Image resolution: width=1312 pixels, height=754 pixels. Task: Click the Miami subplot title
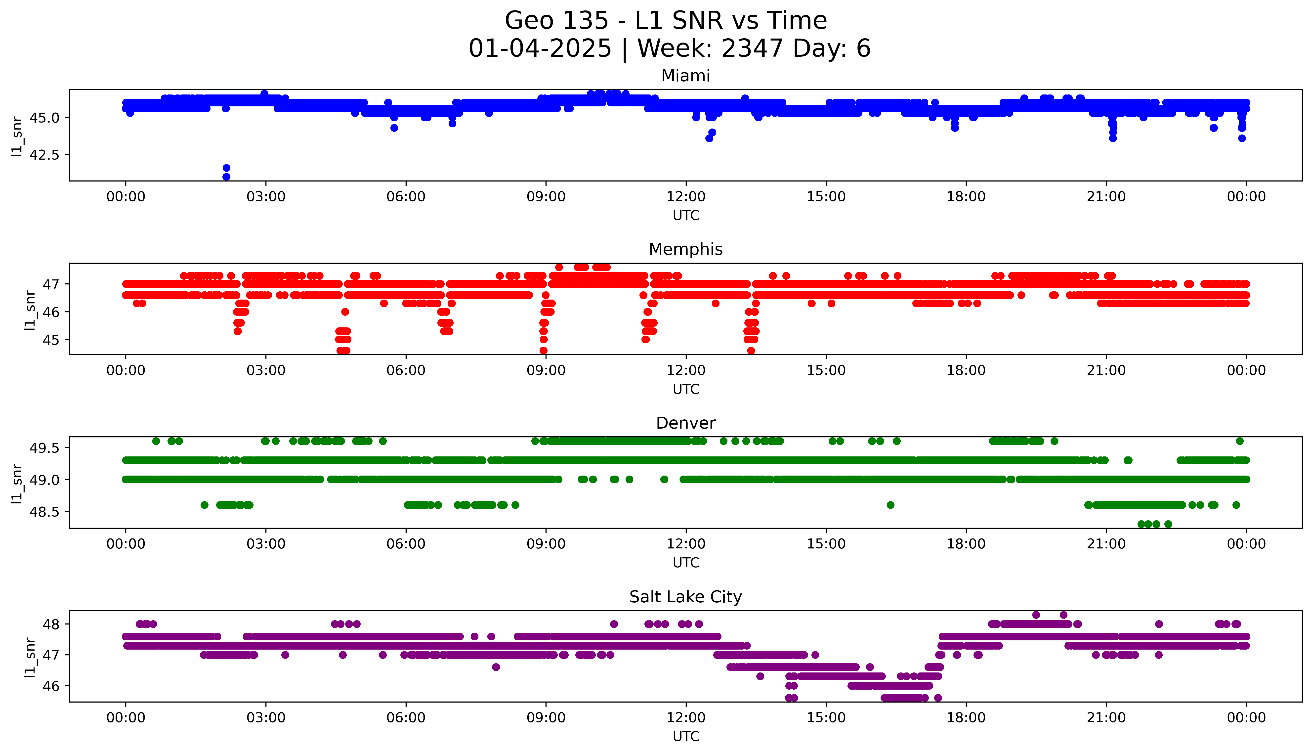[x=685, y=76]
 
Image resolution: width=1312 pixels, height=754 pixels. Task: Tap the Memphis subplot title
[x=685, y=250]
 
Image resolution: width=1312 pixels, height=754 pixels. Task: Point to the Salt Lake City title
[x=685, y=597]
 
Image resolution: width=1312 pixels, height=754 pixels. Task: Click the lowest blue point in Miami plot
[x=226, y=177]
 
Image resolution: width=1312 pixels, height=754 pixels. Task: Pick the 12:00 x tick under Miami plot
[x=686, y=197]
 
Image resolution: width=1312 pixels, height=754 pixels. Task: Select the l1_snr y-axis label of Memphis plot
[x=30, y=310]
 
